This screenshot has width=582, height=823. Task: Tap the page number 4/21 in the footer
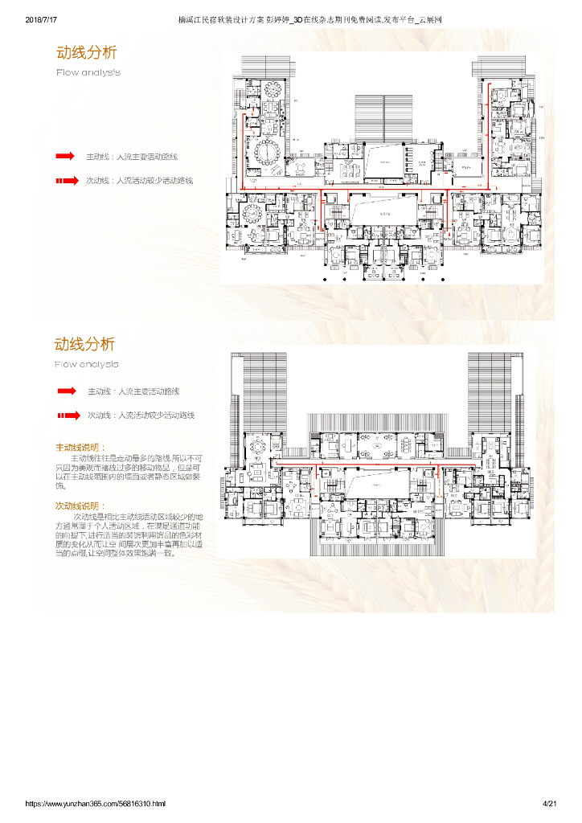click(550, 803)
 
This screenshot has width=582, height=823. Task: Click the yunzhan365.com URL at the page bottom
click(96, 803)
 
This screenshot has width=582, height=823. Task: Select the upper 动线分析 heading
click(86, 52)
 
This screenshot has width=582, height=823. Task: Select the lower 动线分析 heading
click(84, 344)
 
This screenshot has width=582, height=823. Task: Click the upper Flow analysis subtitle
click(88, 72)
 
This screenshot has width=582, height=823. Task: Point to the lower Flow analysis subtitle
click(86, 364)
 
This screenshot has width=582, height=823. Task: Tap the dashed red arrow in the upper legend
click(67, 181)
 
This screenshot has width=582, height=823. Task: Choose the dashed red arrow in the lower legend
click(68, 416)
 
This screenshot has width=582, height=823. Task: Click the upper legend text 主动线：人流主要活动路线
click(132, 156)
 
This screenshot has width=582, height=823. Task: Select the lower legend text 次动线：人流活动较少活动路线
click(141, 416)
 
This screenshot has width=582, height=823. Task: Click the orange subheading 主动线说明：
click(80, 447)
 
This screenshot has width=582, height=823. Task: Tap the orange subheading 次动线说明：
click(80, 506)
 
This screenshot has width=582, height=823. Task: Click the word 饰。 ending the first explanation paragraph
click(61, 486)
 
